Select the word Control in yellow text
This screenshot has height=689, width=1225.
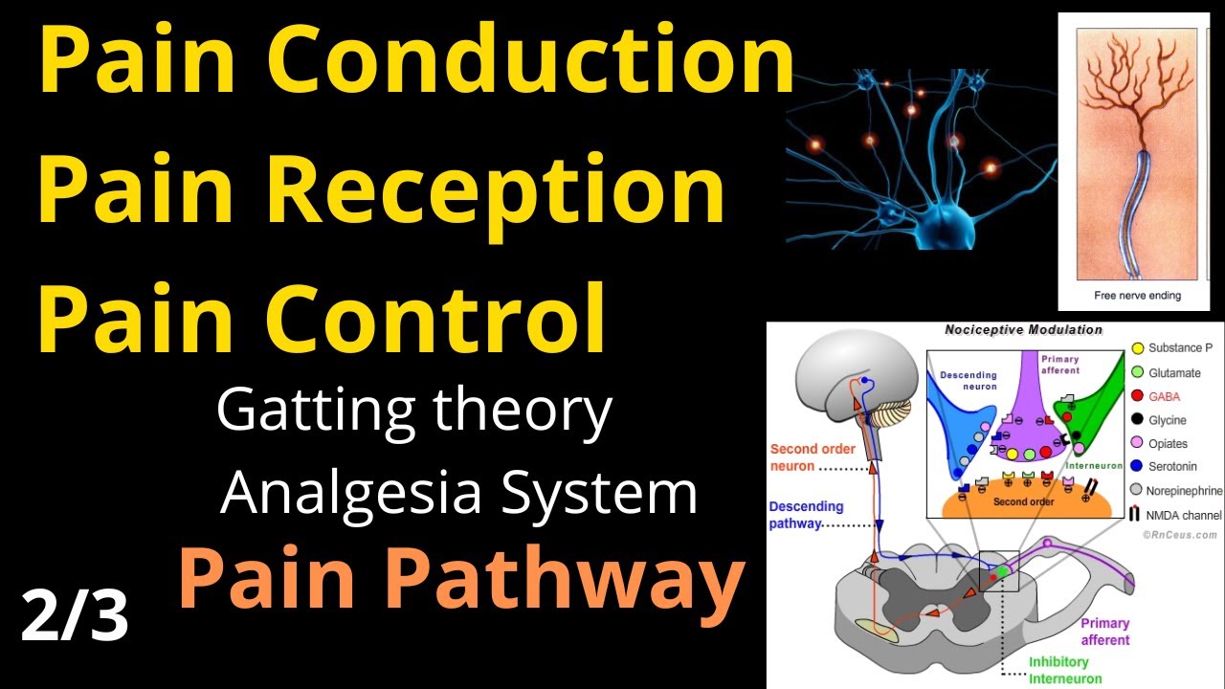pos(436,317)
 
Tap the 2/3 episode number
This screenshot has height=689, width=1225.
pos(75,617)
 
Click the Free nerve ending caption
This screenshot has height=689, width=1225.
pos(1137,295)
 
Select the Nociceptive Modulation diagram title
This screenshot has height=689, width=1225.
pos(1023,330)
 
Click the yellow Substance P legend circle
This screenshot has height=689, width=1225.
pos(1138,349)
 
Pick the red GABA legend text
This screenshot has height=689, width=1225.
pos(1165,396)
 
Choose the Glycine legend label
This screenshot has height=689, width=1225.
pos(1168,420)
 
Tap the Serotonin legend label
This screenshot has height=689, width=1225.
pos(1173,467)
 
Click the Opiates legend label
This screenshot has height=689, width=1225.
pos(1168,444)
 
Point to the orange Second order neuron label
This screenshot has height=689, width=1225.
pos(805,457)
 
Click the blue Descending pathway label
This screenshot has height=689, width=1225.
pos(806,515)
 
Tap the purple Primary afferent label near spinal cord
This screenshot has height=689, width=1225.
pos(1104,632)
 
